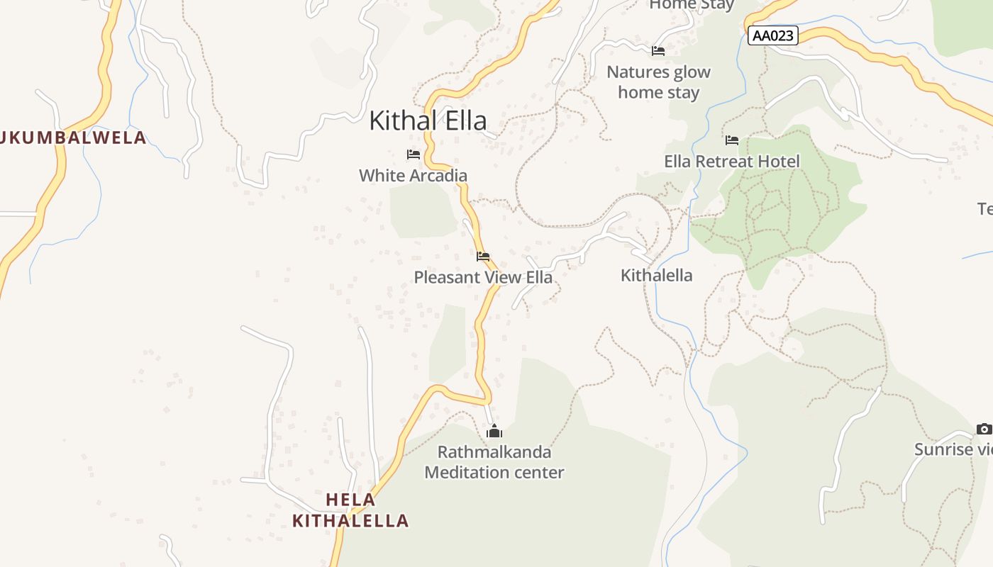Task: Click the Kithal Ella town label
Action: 428,120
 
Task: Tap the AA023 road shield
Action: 772,35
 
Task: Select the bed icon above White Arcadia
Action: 414,155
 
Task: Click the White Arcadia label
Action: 413,175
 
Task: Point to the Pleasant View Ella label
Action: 483,277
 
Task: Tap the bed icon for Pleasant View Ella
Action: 483,257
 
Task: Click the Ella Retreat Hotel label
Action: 731,161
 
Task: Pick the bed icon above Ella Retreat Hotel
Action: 732,140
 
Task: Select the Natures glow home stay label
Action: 658,82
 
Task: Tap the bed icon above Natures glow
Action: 658,51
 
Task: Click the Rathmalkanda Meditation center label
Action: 494,462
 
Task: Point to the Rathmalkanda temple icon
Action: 494,431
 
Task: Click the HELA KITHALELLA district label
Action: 350,510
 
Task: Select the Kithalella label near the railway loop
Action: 656,275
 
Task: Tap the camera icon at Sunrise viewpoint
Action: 984,429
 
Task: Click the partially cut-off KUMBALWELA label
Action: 73,137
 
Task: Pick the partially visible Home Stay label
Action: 692,5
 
